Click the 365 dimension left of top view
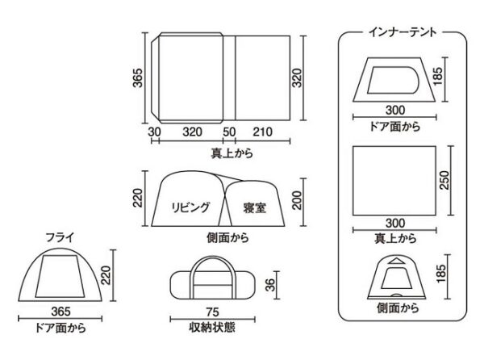point(138,79)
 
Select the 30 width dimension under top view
point(153,131)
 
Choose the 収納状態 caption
point(211,329)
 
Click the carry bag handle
point(211,268)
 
